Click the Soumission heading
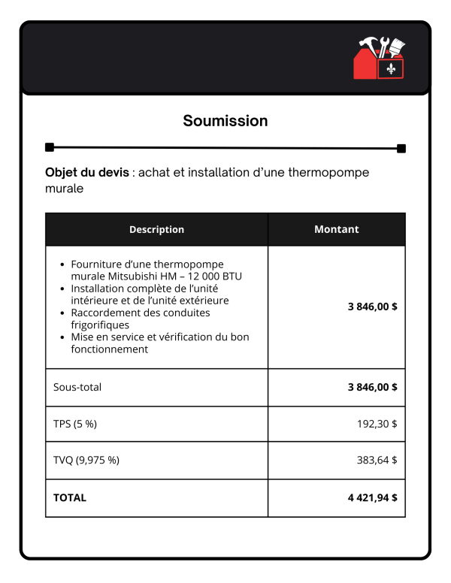click(x=225, y=121)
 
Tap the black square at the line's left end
click(x=50, y=147)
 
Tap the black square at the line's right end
click(x=401, y=148)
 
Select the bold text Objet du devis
click(x=86, y=173)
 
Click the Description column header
click(x=156, y=229)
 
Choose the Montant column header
click(x=336, y=229)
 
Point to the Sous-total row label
click(x=77, y=387)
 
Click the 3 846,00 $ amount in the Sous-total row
click(x=372, y=387)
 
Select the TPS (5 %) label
click(x=74, y=424)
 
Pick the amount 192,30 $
click(x=377, y=424)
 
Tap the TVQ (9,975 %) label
click(x=86, y=461)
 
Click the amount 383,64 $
click(x=377, y=461)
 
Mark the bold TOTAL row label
click(x=69, y=497)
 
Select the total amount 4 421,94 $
click(x=372, y=497)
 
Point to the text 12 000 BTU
click(x=233, y=276)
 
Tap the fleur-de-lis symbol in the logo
click(x=391, y=69)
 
